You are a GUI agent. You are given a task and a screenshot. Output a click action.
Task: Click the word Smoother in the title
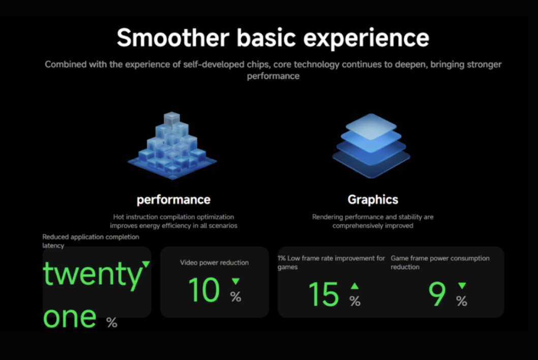[x=173, y=38]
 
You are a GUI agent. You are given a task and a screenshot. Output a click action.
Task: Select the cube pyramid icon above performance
[x=172, y=145]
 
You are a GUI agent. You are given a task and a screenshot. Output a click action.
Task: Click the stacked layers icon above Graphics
[x=371, y=146]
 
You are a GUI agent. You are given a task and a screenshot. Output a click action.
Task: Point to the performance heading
[x=174, y=200]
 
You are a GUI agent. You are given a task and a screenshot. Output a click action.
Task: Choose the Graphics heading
[x=373, y=200]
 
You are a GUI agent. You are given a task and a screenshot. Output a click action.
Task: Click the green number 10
[x=204, y=290]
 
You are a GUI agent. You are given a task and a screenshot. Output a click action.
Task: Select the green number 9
[x=437, y=294]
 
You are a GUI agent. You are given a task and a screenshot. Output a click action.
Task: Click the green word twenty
[x=92, y=274]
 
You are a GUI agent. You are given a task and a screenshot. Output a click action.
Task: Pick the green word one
[x=70, y=317]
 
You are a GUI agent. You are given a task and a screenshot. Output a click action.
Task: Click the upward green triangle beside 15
[x=355, y=286]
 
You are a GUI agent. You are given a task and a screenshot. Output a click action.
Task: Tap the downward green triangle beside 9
[x=462, y=285]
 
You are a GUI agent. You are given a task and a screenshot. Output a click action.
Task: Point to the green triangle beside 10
[x=236, y=281]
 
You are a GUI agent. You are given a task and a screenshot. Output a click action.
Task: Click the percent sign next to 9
[x=462, y=302]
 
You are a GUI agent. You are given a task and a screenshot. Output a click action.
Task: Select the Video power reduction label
[x=214, y=263]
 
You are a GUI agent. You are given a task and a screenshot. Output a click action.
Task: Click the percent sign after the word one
[x=112, y=322]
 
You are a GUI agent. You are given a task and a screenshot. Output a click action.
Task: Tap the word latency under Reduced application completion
[x=53, y=245]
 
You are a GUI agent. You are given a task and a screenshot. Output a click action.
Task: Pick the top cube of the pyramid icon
[x=172, y=119]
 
